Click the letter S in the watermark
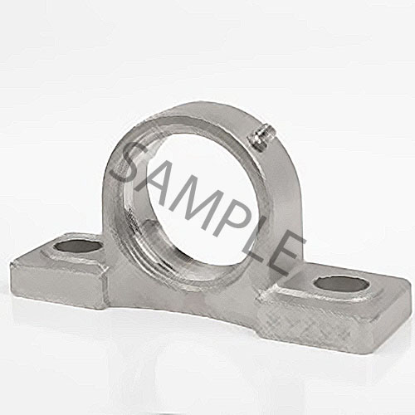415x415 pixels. click(x=133, y=162)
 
